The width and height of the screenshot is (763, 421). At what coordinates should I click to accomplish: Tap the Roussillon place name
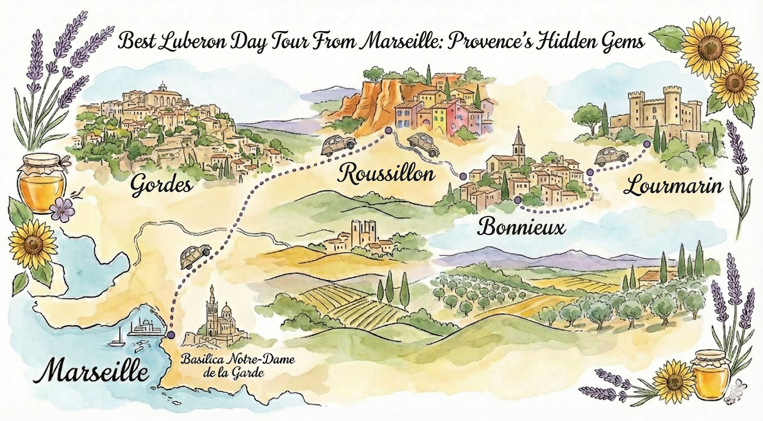tap(386, 174)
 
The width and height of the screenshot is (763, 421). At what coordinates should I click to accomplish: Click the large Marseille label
tap(91, 371)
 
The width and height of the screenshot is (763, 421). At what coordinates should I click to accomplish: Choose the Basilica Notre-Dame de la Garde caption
tap(238, 365)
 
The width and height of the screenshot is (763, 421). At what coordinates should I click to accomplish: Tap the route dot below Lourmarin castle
tap(647, 144)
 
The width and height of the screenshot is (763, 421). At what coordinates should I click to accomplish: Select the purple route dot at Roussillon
tap(388, 130)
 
